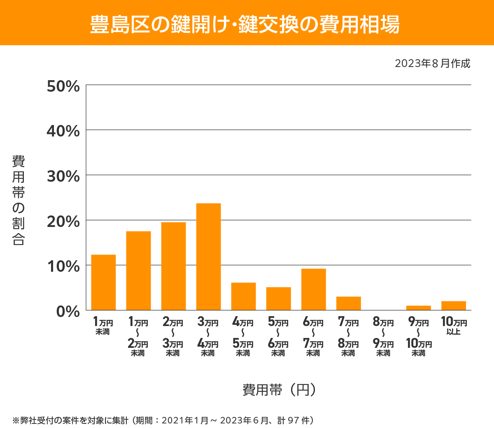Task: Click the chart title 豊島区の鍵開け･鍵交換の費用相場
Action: tap(245, 25)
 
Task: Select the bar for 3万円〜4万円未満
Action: tap(208, 257)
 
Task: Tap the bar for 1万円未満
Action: tap(103, 282)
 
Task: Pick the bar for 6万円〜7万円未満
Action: tap(313, 289)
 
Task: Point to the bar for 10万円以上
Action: tap(453, 305)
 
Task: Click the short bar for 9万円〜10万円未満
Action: tap(418, 308)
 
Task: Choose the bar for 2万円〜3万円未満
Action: tap(173, 266)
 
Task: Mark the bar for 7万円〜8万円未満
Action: tap(348, 303)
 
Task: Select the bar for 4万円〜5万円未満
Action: tap(243, 296)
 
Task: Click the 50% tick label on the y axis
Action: tap(63, 86)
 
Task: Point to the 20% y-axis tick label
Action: tap(63, 222)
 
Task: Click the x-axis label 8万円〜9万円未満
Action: tap(383, 337)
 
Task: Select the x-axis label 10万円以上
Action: tap(454, 326)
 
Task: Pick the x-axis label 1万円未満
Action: tap(103, 326)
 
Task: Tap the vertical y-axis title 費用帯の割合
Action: tap(19, 200)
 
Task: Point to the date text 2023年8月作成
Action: tap(432, 63)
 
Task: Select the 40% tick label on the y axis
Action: tap(63, 132)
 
